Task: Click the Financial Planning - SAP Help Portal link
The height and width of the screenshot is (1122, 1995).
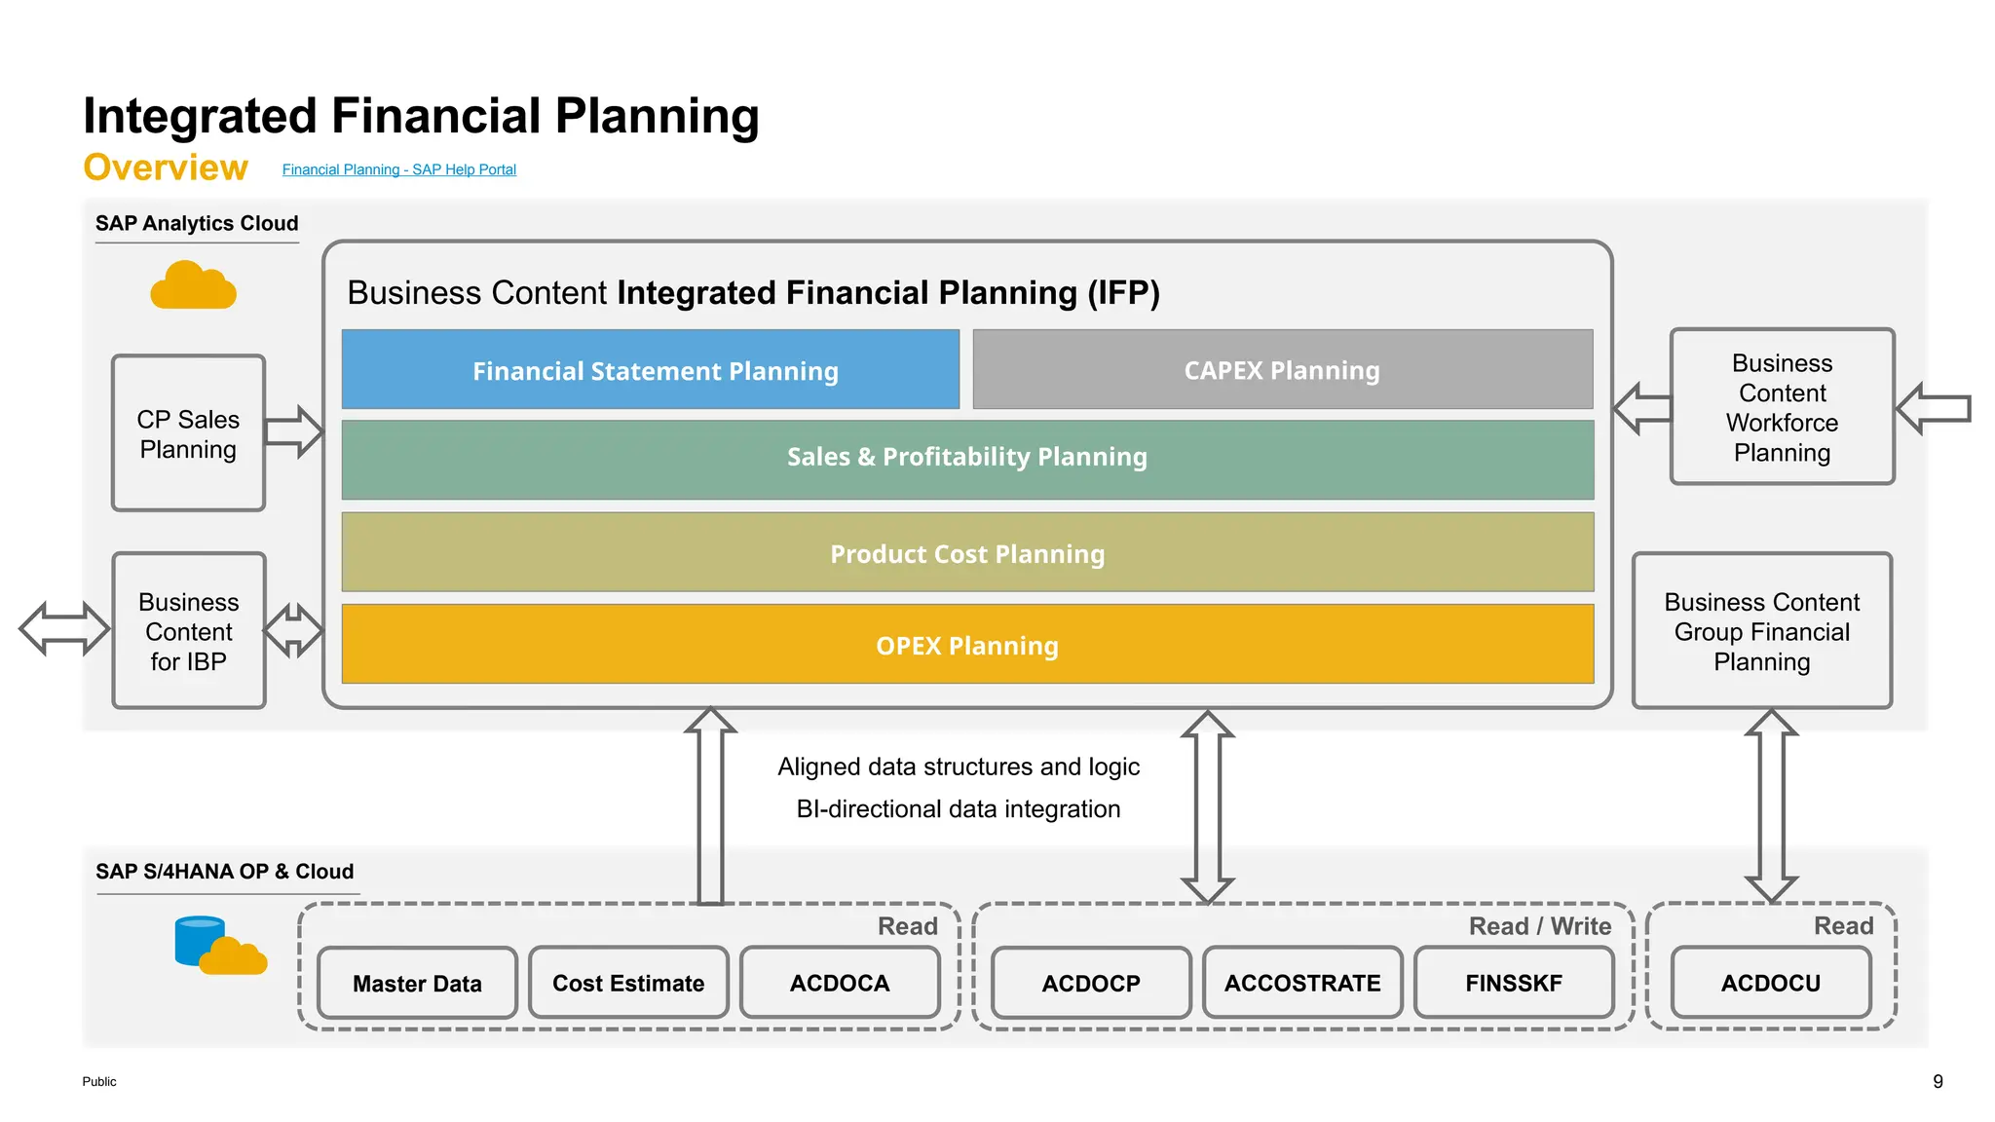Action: tap(398, 169)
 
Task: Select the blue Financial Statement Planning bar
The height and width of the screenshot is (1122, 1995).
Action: tap(651, 370)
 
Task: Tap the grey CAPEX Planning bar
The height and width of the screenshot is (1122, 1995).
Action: tap(1282, 370)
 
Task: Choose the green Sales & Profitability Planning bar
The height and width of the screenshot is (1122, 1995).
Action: tap(967, 458)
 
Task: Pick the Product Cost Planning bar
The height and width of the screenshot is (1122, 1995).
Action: tap(967, 553)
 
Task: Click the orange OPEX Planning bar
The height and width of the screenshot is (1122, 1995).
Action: tap(967, 645)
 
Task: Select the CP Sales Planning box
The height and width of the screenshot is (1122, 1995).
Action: tap(188, 433)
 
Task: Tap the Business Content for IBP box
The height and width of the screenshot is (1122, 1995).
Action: tap(188, 631)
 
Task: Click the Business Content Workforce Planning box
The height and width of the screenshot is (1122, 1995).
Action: tap(1782, 407)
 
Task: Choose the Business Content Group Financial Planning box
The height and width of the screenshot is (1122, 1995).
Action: tap(1761, 631)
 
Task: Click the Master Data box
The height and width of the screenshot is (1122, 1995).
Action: tap(417, 984)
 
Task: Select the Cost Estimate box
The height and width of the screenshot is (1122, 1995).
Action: tap(628, 984)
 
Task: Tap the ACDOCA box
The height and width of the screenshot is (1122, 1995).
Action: tap(840, 984)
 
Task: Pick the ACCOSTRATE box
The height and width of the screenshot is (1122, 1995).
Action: tap(1302, 984)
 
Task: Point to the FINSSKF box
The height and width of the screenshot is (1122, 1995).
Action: tap(1514, 984)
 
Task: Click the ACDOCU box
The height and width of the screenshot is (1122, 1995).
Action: tap(1770, 984)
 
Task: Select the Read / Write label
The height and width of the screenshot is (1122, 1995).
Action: tap(1539, 926)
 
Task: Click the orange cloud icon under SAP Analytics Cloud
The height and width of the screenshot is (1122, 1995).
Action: tap(193, 285)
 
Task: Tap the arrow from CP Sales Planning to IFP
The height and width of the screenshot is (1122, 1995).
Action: tap(294, 431)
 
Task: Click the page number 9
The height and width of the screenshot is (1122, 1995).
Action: tap(1938, 1081)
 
